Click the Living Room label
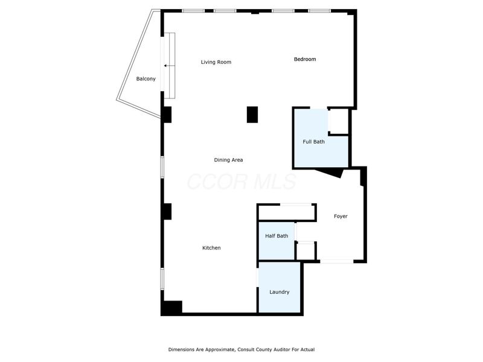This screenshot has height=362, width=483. (216, 62)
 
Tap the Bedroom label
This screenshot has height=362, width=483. (305, 59)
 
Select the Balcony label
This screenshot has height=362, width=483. (146, 79)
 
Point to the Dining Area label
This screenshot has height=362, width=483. (228, 160)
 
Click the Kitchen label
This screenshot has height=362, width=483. (211, 248)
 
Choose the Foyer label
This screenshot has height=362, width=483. (341, 217)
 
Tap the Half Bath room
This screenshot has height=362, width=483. (277, 241)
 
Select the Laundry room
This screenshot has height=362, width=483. (279, 287)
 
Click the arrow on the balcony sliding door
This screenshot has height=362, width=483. (170, 66)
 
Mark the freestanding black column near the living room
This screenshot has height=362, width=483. (252, 115)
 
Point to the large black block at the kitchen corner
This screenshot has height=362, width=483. (172, 308)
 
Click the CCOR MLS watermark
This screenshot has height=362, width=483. (241, 182)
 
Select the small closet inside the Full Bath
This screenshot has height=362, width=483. (339, 121)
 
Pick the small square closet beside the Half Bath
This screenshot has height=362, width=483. (305, 251)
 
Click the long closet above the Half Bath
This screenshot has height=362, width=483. (286, 212)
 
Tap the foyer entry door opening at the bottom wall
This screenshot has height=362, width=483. (337, 261)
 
